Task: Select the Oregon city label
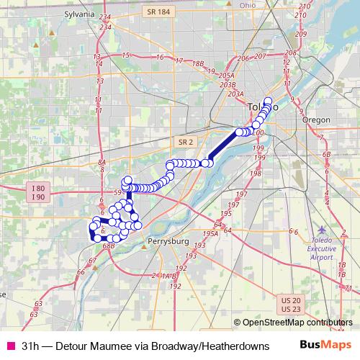[x=316, y=120]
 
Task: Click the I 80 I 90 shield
[x=39, y=192]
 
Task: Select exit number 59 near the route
[x=117, y=192]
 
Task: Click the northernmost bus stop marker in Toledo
[x=268, y=102]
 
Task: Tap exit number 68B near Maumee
[x=109, y=246]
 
